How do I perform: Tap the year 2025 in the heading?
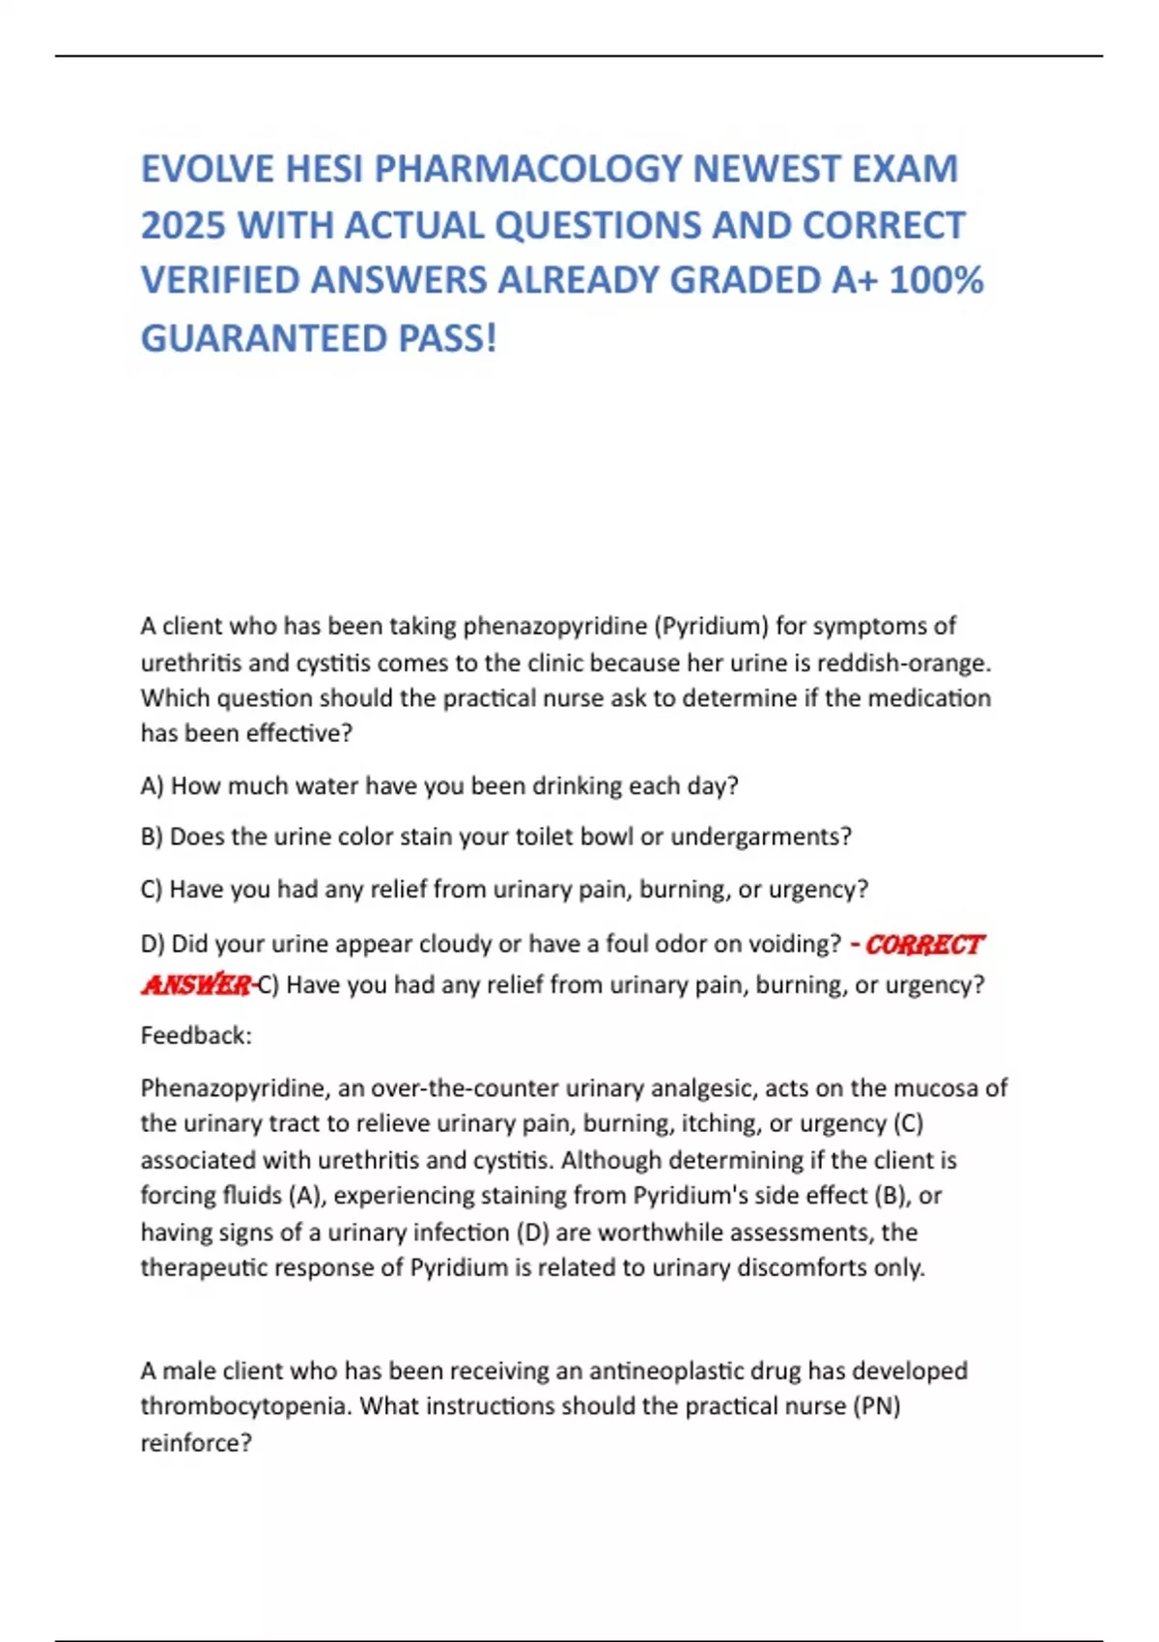183,225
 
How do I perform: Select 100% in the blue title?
935,280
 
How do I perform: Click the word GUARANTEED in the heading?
262,338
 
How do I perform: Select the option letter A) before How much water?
152,785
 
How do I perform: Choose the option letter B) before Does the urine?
152,836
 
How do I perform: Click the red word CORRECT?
924,944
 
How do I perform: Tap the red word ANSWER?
196,984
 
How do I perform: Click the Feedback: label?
196,1035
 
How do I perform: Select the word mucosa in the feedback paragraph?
934,1088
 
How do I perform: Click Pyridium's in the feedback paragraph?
687,1196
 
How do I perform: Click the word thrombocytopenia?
246,1406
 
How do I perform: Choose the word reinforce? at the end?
196,1443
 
